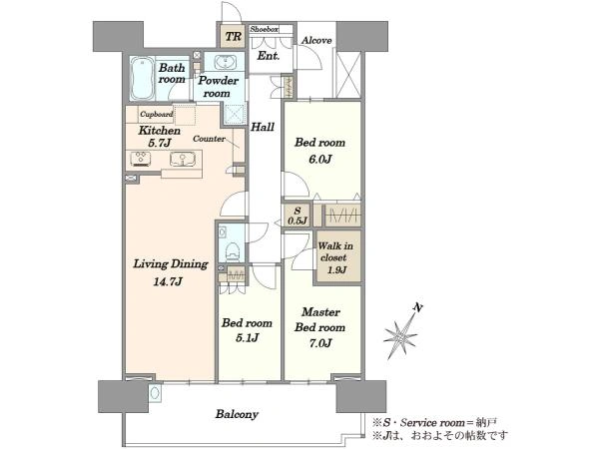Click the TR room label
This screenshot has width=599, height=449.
[233, 37]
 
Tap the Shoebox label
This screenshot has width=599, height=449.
[264, 29]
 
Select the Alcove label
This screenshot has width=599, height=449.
[316, 40]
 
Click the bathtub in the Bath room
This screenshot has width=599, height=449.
[142, 78]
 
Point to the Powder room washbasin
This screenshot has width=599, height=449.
[225, 62]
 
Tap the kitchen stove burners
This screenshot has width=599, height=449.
[141, 159]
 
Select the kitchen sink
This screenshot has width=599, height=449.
[183, 159]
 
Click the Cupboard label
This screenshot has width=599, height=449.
[156, 114]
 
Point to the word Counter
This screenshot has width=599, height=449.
[209, 139]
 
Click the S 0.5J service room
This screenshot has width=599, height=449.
[298, 216]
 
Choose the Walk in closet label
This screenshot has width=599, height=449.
[335, 252]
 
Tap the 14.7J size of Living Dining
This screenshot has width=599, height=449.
[168, 281]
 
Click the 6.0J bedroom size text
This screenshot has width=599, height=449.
[319, 159]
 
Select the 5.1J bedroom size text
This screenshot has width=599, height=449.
[247, 338]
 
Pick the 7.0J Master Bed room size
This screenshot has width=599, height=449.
[320, 343]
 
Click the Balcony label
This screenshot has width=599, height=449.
[237, 414]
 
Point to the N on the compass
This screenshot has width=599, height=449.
[419, 307]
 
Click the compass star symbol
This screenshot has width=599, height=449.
[400, 337]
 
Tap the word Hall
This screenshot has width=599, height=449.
[263, 127]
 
